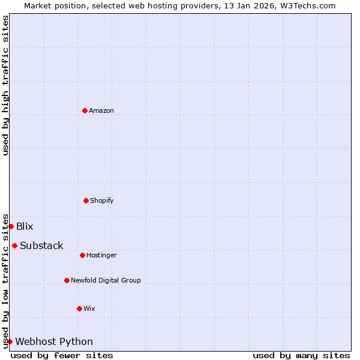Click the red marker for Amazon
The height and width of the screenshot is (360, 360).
pos(85,110)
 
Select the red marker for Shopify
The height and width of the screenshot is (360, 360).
pos(86,200)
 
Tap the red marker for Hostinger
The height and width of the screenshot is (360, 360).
pos(82,255)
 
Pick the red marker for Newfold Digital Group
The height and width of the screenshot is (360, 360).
pos(67,280)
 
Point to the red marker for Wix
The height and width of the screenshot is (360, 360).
pos(79,308)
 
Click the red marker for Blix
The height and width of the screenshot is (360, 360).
pos(11,226)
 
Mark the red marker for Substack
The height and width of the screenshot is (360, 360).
pos(14,245)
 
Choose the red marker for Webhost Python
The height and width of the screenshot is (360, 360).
pos(10,341)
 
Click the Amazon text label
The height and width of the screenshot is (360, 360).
pos(101,110)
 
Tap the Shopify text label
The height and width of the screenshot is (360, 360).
pos(102,200)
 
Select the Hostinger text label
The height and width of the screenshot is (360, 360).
pos(101,255)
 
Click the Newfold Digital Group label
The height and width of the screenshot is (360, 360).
pos(106,280)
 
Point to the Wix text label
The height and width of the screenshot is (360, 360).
pos(89,308)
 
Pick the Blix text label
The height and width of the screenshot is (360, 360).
pos(25,226)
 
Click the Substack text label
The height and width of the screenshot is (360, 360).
pos(41,245)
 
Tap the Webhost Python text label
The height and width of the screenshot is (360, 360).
pos(54,341)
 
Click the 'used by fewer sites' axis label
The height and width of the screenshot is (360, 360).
pos(62,355)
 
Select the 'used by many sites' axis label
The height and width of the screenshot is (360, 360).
pos(301,355)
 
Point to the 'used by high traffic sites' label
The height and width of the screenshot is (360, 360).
pos(5,85)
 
